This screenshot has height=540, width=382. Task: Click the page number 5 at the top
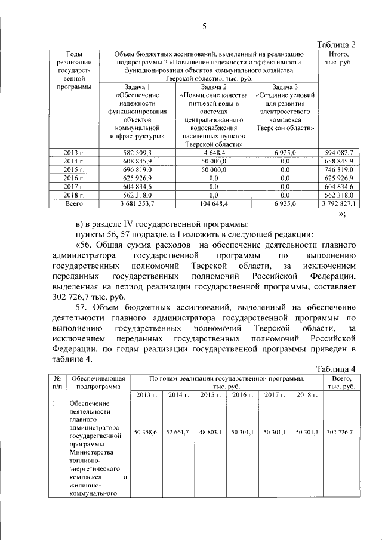coord(204,26)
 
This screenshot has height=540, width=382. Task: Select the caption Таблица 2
coord(337,45)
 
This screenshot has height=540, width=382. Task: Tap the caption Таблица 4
coord(337,368)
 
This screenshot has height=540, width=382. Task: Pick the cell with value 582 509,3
coord(137,153)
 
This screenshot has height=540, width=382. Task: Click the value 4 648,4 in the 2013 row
coord(212,153)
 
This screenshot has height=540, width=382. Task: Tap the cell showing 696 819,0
coord(137,170)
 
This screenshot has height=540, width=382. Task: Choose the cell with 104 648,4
coord(212,203)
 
